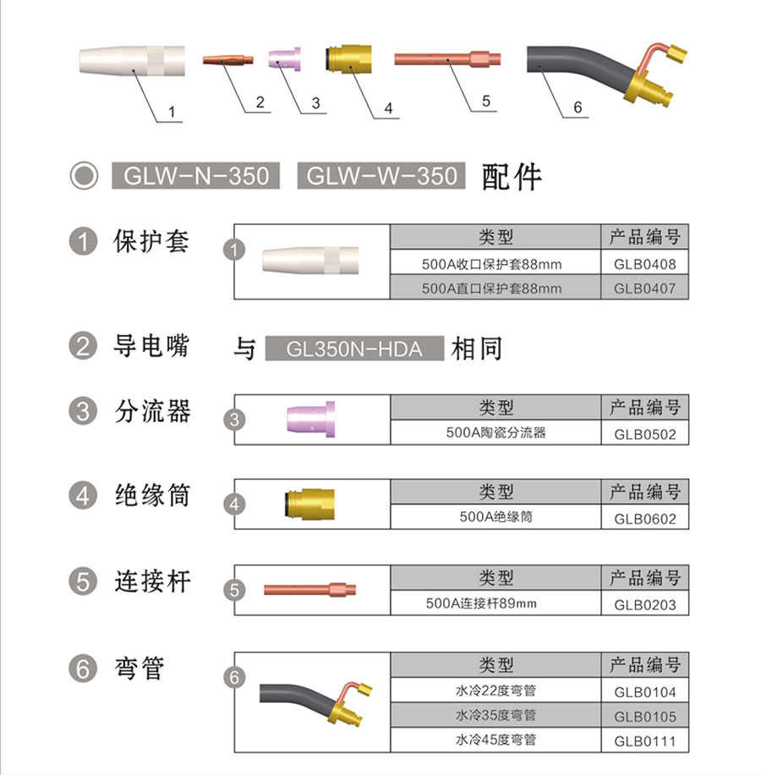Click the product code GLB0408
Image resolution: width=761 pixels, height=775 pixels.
[x=644, y=264]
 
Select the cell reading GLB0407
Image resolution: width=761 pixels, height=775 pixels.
[x=644, y=289]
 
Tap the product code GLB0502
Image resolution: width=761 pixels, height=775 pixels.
[x=644, y=434]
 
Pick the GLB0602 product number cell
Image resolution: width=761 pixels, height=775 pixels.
[x=644, y=519]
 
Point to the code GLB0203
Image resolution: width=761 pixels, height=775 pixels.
[x=644, y=604]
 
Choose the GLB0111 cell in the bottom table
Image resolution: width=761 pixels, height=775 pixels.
[x=644, y=740]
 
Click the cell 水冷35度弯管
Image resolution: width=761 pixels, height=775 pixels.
[x=495, y=715]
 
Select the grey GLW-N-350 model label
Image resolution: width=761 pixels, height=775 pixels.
[x=195, y=175]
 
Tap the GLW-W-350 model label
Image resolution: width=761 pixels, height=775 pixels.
[x=380, y=175]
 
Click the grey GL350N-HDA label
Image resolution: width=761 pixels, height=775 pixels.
[x=354, y=349]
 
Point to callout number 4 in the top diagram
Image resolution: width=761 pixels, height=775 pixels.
[x=389, y=108]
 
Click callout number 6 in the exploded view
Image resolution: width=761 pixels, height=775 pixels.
[x=578, y=107]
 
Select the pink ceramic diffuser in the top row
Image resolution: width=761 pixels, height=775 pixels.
[x=284, y=59]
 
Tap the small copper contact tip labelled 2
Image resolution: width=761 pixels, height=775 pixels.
[x=227, y=60]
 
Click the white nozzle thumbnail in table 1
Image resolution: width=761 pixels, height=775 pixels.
[x=310, y=260]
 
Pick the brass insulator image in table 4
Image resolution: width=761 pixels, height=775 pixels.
[x=309, y=504]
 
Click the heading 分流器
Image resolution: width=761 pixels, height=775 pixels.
[x=152, y=411]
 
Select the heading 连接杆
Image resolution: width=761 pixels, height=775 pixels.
[x=152, y=581]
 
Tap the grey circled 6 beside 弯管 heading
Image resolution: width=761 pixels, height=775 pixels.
[x=83, y=668]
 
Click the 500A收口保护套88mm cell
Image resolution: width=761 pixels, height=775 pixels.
[x=491, y=264]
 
